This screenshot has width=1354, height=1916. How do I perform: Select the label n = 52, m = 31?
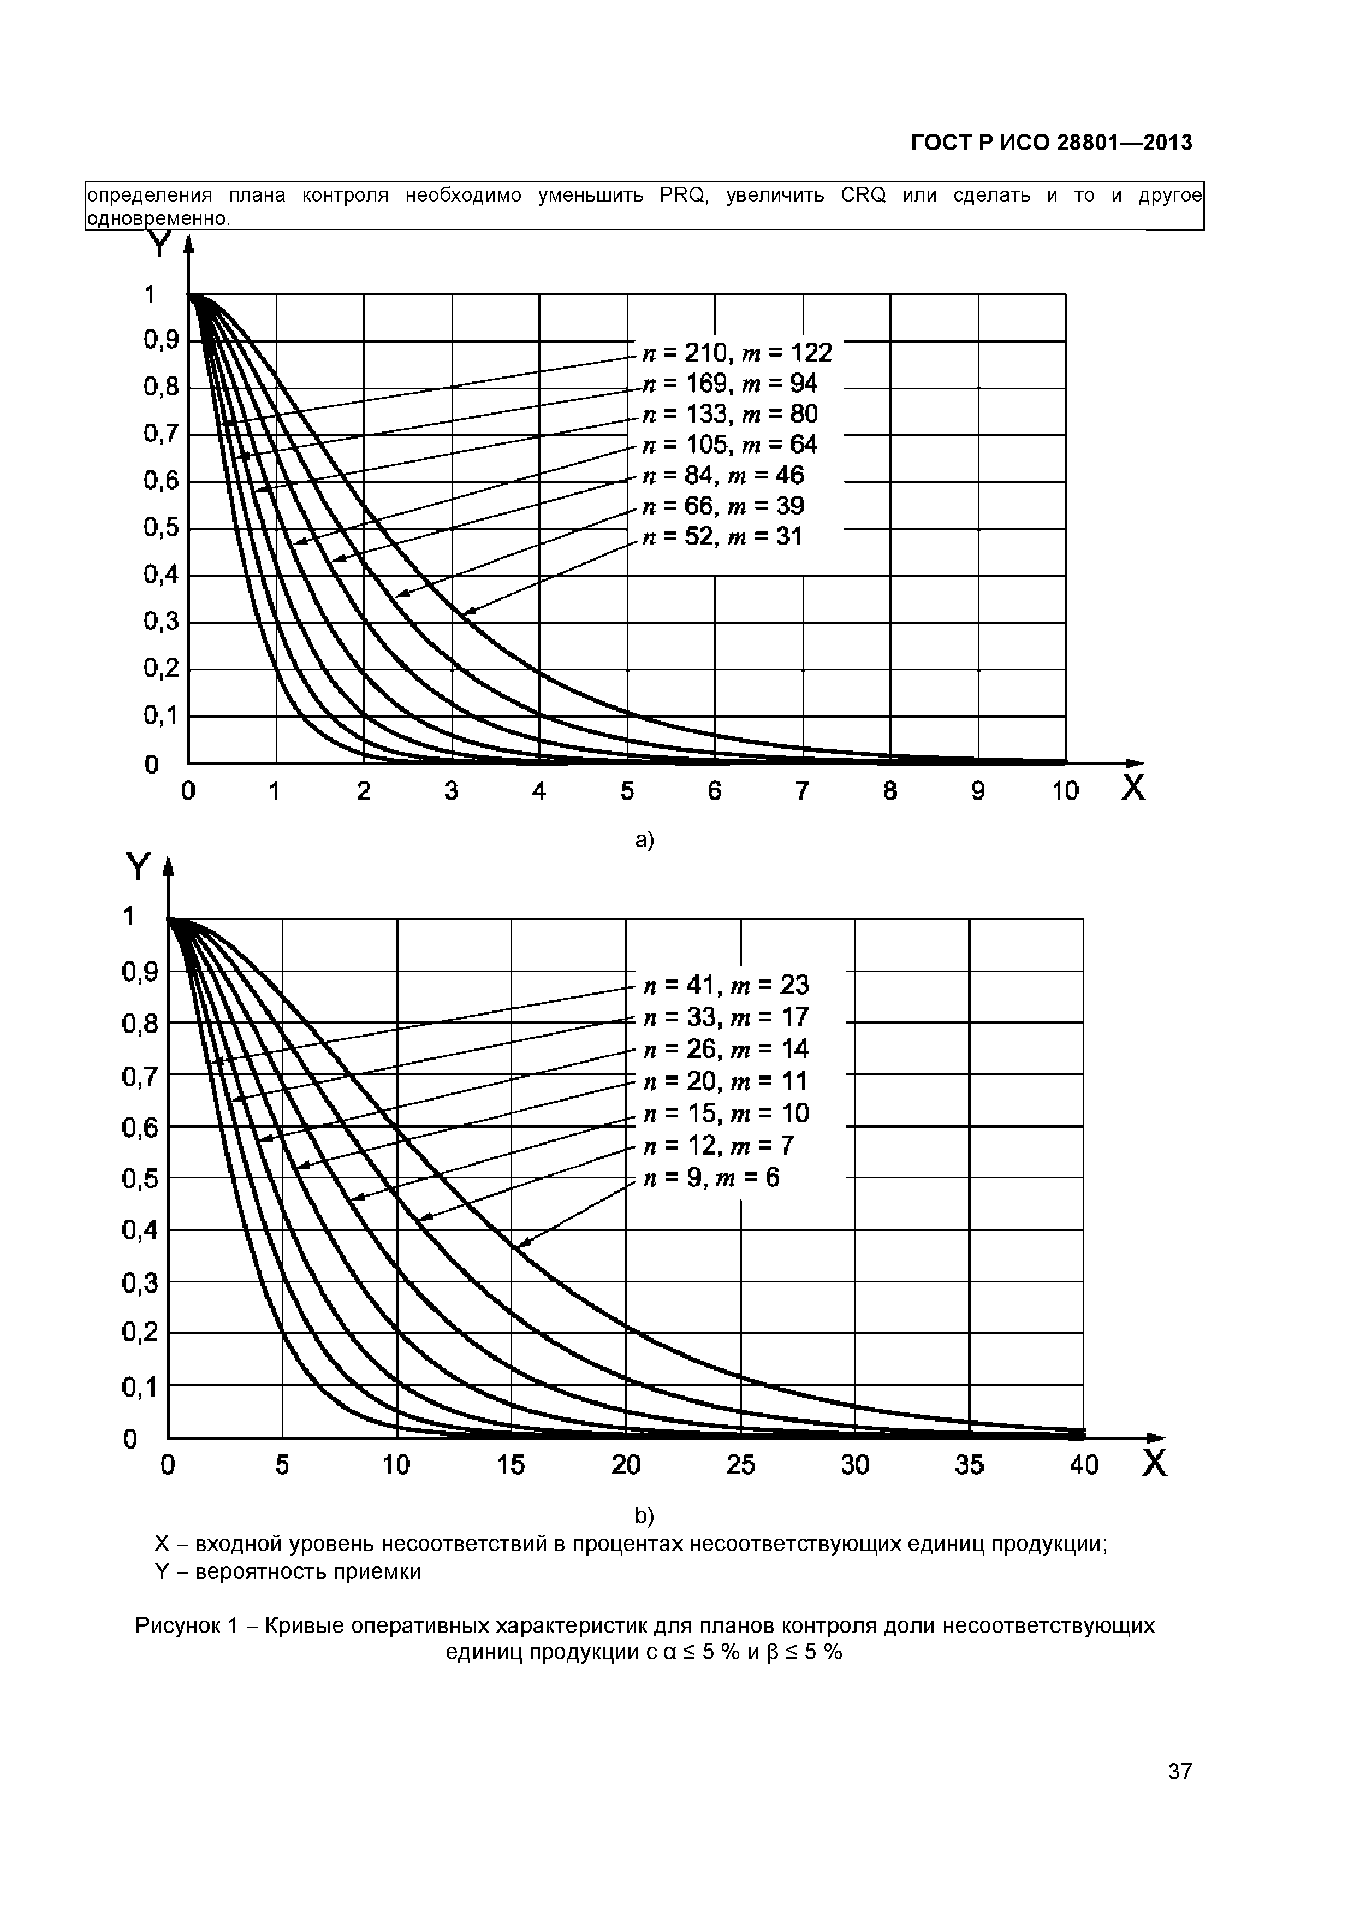pyautogui.click(x=722, y=536)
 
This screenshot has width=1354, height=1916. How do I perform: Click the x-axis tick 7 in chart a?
pyautogui.click(x=801, y=791)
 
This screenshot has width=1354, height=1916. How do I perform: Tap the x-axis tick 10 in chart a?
pyautogui.click(x=1065, y=791)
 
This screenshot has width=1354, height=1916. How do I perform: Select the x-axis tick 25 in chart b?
pyautogui.click(x=740, y=1464)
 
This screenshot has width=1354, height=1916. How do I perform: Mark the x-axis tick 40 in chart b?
pyautogui.click(x=1084, y=1464)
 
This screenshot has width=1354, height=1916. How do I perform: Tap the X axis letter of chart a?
pyautogui.click(x=1133, y=789)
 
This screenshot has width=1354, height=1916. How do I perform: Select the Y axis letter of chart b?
pyautogui.click(x=137, y=869)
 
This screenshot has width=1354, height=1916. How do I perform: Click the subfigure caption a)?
pyautogui.click(x=644, y=841)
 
